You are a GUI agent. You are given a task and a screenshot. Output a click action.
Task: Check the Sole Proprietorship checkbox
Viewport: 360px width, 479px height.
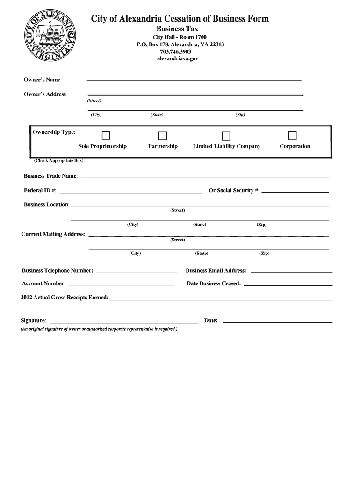[106, 136]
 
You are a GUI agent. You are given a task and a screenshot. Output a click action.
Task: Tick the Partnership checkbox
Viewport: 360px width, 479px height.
[163, 136]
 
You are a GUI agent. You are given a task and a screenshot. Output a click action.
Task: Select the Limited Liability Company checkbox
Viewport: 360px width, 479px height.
[226, 136]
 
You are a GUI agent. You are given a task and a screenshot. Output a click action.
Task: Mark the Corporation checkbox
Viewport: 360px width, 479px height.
[293, 136]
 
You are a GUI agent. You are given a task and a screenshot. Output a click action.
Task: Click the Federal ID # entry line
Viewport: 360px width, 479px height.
[131, 191]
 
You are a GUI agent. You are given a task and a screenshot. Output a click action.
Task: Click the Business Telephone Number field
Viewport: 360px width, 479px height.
[137, 271]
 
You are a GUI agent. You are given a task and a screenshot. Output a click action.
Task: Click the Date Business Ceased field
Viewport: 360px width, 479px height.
[288, 284]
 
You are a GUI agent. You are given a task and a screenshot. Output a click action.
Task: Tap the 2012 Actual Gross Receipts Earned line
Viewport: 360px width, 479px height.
[221, 298]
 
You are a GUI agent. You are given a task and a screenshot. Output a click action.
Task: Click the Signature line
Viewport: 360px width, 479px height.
[124, 322]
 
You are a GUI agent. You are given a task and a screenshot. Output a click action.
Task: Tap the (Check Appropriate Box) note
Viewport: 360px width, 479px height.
[58, 161]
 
